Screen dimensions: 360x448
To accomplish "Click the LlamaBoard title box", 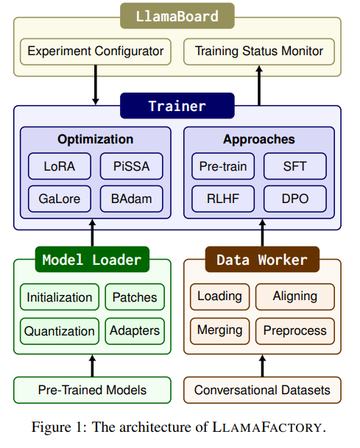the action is pyautogui.click(x=177, y=16).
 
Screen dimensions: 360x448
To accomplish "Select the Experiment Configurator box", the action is pyautogui.click(x=96, y=51).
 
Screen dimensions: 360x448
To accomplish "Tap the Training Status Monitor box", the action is pyautogui.click(x=259, y=51).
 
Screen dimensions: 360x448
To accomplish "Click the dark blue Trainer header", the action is pyautogui.click(x=177, y=106).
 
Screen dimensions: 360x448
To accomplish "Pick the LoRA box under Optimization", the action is pyautogui.click(x=60, y=166).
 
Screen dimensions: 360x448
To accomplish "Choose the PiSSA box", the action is pyautogui.click(x=132, y=166).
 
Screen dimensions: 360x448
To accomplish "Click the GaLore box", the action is pyautogui.click(x=60, y=199).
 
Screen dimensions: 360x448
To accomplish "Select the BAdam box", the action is pyautogui.click(x=132, y=199).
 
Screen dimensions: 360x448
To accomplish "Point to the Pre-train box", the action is pyautogui.click(x=223, y=166).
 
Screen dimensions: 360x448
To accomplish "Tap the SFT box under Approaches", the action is pyautogui.click(x=295, y=166).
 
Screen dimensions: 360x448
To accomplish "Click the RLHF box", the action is pyautogui.click(x=223, y=199).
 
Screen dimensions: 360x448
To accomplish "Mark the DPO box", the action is pyautogui.click(x=295, y=199).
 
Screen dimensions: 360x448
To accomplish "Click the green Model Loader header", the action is pyautogui.click(x=92, y=260).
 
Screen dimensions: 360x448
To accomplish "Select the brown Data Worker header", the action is pyautogui.click(x=262, y=260).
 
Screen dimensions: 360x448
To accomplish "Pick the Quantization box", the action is pyautogui.click(x=60, y=332).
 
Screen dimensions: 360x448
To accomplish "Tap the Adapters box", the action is pyautogui.click(x=135, y=332).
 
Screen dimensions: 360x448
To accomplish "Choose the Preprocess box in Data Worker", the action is pyautogui.click(x=295, y=332).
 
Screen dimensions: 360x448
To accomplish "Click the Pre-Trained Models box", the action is pyautogui.click(x=92, y=391).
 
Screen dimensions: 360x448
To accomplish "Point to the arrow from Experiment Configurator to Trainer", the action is pyautogui.click(x=96, y=85).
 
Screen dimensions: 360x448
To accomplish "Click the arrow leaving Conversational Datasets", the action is pyautogui.click(x=262, y=366).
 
